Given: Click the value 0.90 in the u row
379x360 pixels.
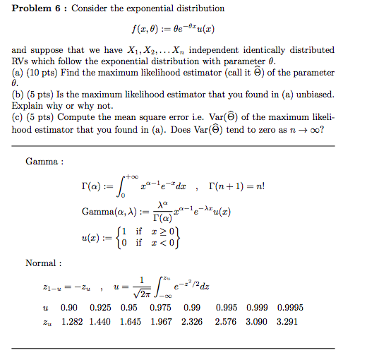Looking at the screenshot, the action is click(69, 308).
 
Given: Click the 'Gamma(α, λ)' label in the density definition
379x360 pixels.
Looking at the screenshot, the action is click(104, 211).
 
